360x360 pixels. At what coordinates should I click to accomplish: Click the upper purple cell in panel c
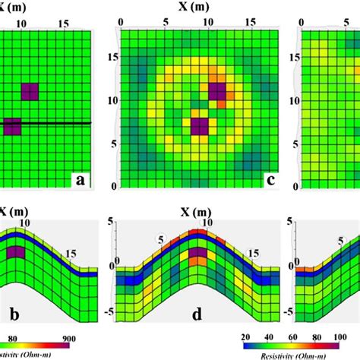(218, 92)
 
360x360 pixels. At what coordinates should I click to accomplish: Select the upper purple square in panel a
(30, 92)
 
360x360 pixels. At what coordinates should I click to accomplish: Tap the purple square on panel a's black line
(12, 126)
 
